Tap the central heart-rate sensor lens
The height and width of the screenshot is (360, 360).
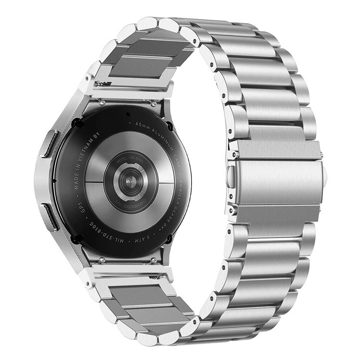click(129, 180)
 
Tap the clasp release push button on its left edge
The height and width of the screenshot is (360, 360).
click(232, 175)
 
